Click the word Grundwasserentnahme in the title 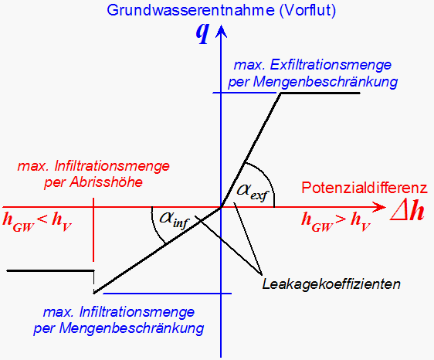point(191,11)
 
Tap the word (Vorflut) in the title point(308,11)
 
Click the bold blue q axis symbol point(202,34)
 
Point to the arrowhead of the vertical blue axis point(221,30)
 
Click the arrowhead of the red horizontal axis point(379,207)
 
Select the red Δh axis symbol point(407,212)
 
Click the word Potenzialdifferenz point(364,188)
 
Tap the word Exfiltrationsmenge point(331,65)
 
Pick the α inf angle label point(175,220)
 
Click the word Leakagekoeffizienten point(331,284)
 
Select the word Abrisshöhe point(107,182)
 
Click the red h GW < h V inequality point(37,222)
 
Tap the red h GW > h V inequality point(336,222)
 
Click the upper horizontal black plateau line point(320,93)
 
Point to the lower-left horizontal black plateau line point(50,270)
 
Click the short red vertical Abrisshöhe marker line point(93,229)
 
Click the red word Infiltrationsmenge point(112,166)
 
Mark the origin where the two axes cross point(221,207)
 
